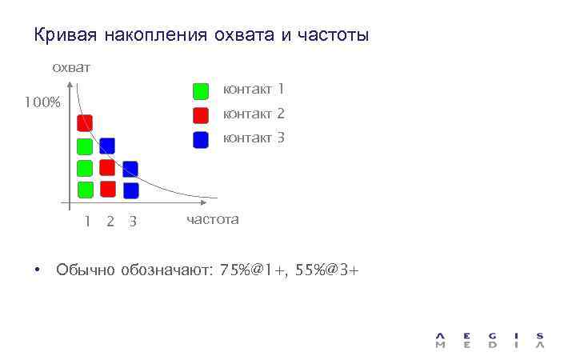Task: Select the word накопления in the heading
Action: [x=152, y=36]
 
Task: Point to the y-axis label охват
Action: [x=70, y=68]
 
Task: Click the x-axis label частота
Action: [x=212, y=219]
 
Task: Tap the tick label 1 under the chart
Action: [x=86, y=222]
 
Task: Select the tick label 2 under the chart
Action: [x=110, y=222]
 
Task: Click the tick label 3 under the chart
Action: [x=133, y=222]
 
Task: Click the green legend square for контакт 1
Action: [x=201, y=90]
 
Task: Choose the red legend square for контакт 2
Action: [x=201, y=114]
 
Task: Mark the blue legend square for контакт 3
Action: [x=201, y=139]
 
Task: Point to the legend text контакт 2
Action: [x=254, y=114]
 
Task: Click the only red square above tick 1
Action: [x=85, y=122]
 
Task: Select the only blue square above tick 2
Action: [x=107, y=146]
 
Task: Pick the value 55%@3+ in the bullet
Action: [x=327, y=270]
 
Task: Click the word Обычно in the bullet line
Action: [x=86, y=270]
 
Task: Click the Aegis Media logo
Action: [x=490, y=340]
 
